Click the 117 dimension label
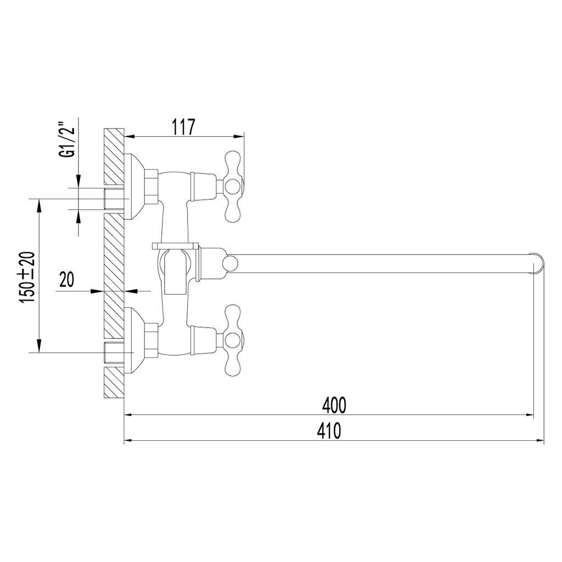pos(183,127)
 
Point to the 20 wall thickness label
pos(67,280)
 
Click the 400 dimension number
pos(335,405)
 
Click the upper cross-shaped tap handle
pos(233,187)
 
